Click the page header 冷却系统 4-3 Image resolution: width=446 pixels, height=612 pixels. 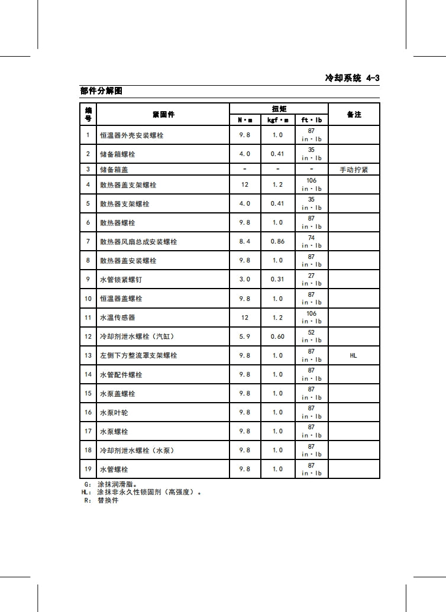tap(352, 77)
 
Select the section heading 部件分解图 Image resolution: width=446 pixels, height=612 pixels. tap(101, 91)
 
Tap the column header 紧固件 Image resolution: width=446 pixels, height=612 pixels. tap(163, 114)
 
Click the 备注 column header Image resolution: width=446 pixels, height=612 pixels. tap(354, 114)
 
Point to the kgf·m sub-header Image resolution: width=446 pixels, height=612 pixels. tap(278, 120)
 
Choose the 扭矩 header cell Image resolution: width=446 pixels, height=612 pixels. tap(279, 109)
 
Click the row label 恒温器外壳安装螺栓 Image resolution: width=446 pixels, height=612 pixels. tap(131, 135)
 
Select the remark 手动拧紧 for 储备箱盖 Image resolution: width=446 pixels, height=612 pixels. tap(354, 169)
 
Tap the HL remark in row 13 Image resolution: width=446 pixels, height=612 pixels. tap(354, 355)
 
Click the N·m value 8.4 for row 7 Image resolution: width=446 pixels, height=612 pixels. tap(244, 241)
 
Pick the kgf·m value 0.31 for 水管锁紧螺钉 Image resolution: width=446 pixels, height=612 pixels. tap(277, 279)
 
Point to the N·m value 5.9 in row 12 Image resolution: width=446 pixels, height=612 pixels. tap(244, 336)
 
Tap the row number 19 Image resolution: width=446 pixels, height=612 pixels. tap(88, 469)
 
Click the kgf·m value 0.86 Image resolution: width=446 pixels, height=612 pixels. tap(277, 241)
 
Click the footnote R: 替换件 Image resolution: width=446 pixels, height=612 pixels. tap(101, 500)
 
